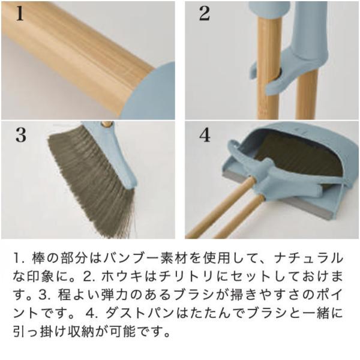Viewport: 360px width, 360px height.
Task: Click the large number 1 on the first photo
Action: coord(20,14)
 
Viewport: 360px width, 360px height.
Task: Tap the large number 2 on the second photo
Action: coord(205,14)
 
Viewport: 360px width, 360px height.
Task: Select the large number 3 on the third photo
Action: coord(21,135)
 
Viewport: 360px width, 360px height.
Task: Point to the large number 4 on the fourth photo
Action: coord(205,135)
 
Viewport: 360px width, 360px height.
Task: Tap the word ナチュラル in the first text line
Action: coord(308,258)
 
